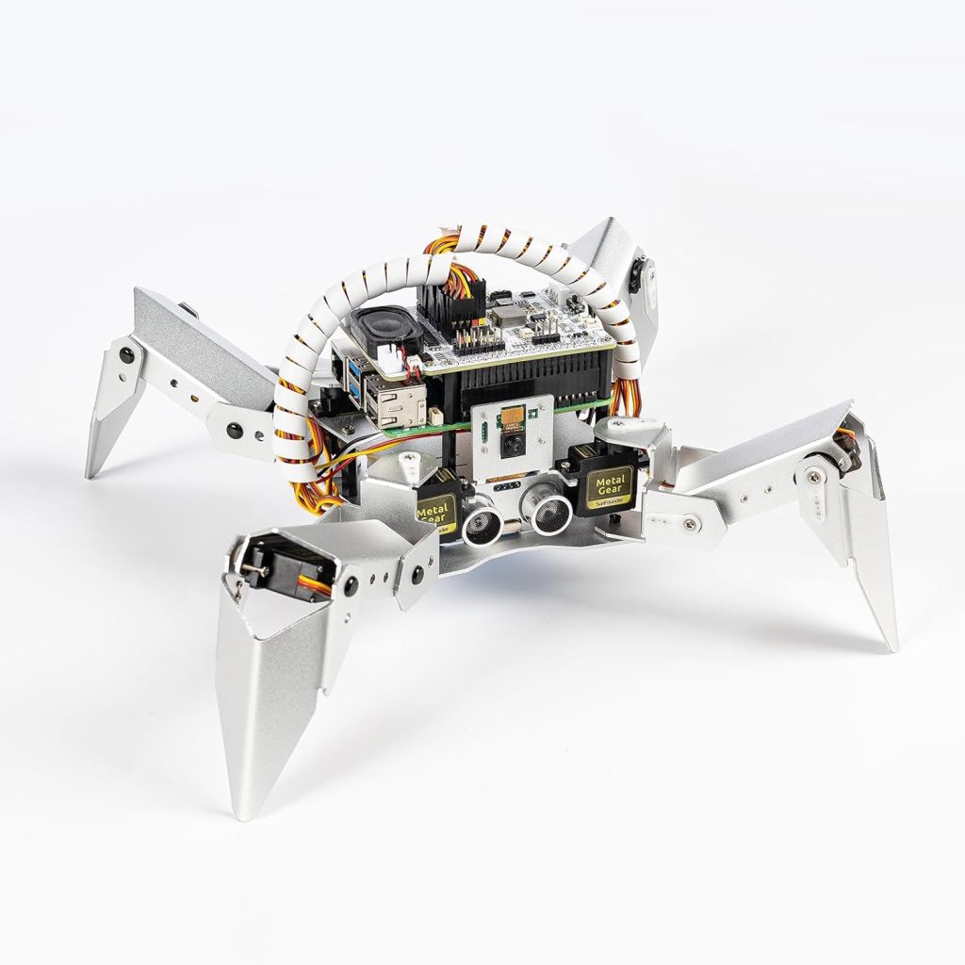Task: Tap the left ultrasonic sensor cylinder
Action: tap(480, 520)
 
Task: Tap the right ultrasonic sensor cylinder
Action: tap(548, 514)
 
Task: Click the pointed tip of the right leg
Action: tap(891, 646)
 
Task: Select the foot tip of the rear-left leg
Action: tap(90, 473)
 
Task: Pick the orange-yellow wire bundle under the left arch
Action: tap(319, 483)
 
